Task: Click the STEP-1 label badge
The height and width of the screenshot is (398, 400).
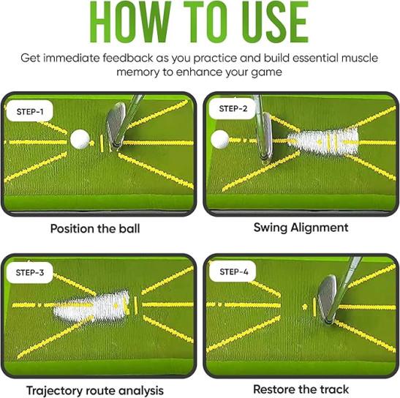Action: (29, 111)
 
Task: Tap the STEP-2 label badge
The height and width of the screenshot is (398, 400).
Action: (233, 108)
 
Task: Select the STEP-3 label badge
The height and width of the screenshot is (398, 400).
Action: (29, 272)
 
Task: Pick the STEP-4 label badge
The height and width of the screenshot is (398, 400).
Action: (233, 271)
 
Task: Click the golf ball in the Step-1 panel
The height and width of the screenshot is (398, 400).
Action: (80, 139)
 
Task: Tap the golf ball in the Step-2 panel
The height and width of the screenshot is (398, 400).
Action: (220, 140)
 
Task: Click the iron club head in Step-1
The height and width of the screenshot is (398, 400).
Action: (116, 124)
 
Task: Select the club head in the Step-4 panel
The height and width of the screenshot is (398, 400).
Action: (327, 298)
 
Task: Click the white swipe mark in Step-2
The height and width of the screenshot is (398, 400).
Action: (323, 141)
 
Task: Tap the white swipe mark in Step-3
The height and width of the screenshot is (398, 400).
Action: (92, 305)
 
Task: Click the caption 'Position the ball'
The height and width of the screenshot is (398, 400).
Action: (95, 228)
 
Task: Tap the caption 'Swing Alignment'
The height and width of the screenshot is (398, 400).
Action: (301, 228)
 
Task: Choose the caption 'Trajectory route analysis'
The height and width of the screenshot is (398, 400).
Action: (95, 391)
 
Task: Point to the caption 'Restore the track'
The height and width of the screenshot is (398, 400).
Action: (301, 389)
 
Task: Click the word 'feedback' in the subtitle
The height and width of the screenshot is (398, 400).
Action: (128, 58)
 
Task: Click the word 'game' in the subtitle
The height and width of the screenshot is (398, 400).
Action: (267, 72)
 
